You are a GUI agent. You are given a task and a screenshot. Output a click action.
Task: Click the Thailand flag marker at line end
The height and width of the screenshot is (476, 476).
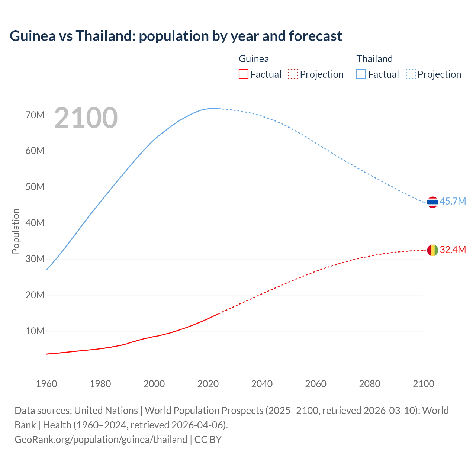(432, 202)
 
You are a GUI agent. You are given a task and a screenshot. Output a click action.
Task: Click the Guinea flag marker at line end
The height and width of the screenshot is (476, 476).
(432, 250)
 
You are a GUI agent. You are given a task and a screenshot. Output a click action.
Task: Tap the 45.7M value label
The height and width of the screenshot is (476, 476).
(453, 201)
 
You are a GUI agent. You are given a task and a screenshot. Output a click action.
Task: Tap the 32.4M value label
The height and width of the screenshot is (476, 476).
(453, 250)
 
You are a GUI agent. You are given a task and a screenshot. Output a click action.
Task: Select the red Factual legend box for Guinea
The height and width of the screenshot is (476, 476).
(243, 74)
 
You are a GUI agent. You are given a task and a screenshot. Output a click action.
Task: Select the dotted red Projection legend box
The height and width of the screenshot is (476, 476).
(293, 74)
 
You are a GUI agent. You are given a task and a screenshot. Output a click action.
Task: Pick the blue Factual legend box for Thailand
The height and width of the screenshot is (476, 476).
(361, 74)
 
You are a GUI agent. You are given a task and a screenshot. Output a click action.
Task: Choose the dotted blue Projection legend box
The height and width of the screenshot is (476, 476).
(411, 74)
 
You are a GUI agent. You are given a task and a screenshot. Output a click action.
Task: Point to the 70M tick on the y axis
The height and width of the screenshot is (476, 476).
(35, 115)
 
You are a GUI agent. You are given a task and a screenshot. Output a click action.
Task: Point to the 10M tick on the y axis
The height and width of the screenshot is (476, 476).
(35, 331)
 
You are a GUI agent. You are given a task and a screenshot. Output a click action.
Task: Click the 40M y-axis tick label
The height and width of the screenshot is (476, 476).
(35, 223)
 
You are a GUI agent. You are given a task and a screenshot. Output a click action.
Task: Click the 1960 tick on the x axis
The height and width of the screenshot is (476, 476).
(46, 384)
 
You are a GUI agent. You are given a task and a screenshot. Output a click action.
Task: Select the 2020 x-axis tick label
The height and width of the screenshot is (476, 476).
(208, 384)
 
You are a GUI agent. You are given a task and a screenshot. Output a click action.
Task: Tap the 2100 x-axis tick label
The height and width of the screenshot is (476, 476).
(424, 384)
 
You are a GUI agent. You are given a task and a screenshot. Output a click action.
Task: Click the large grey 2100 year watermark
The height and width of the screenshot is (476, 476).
(86, 118)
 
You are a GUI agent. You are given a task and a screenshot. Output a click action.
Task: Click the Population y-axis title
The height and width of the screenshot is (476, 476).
(16, 231)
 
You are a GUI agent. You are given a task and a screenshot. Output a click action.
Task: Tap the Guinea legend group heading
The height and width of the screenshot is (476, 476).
(254, 59)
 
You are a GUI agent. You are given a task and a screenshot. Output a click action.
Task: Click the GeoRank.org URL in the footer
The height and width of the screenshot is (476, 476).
(101, 439)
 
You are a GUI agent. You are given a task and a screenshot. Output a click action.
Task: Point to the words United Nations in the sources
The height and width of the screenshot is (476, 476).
(106, 410)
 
